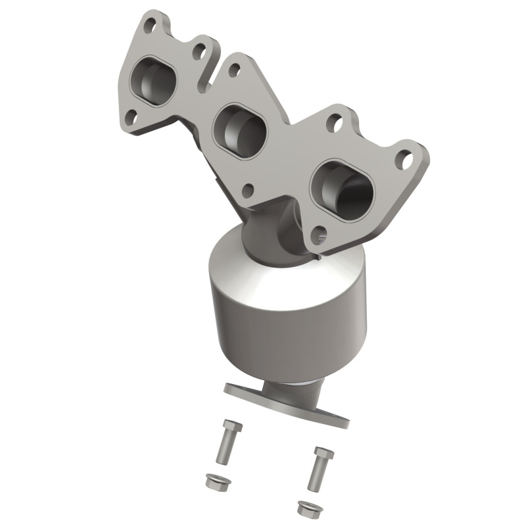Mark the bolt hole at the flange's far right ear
click(404, 158)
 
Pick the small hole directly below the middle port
click(248, 191)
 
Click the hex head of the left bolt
click(231, 425)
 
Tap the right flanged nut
click(306, 508)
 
